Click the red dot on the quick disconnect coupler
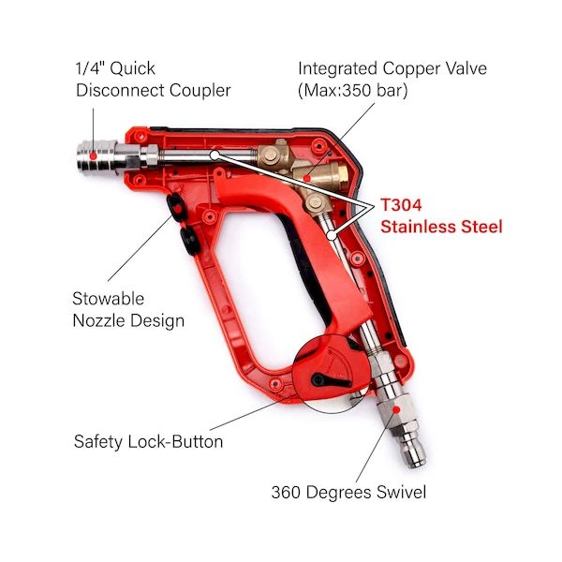(93, 155)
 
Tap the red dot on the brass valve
(307, 178)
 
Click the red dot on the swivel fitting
(396, 409)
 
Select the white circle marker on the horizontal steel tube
(214, 155)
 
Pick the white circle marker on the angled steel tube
(333, 235)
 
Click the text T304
(401, 205)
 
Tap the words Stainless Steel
(441, 227)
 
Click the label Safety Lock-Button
(148, 441)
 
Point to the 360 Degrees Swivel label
(348, 492)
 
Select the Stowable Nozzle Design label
(128, 310)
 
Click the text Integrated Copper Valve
(392, 68)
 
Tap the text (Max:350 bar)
(353, 90)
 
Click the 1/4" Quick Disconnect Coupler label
(153, 80)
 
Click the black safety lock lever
(330, 381)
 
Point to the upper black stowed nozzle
(177, 208)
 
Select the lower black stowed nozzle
(189, 241)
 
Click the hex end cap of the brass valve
(343, 176)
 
